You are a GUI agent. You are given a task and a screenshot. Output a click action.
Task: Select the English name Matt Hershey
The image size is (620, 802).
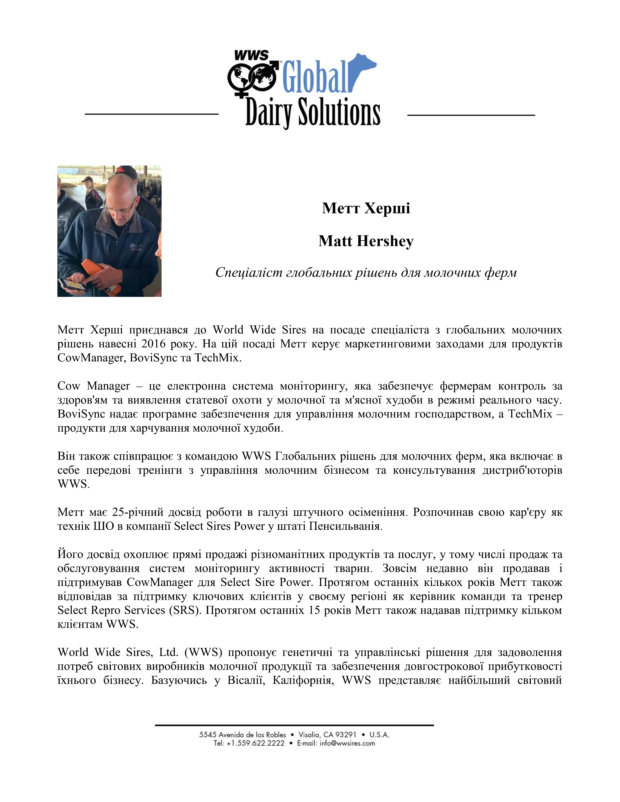pos(366,241)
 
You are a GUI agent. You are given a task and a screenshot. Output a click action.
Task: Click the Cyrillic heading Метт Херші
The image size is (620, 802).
pos(366,208)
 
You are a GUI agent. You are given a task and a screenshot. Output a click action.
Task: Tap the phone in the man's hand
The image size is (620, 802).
pos(72,284)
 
